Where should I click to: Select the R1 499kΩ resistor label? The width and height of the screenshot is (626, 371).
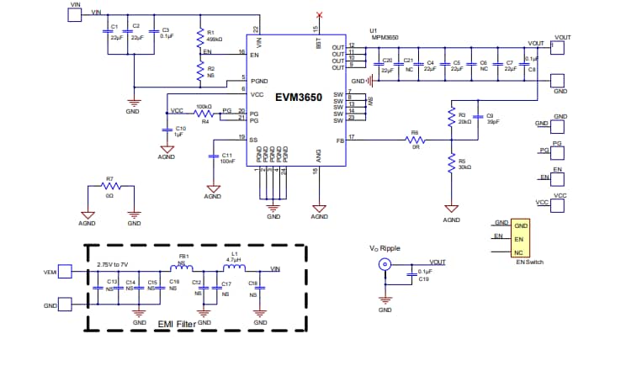[x=215, y=35]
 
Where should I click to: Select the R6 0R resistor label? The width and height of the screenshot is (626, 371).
[x=414, y=138]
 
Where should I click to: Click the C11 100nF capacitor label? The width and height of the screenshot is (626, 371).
[x=227, y=157]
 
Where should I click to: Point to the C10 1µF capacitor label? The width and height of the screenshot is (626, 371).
[x=180, y=130]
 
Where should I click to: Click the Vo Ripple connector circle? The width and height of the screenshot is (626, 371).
[x=385, y=264]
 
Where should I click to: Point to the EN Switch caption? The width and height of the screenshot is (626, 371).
[x=530, y=262]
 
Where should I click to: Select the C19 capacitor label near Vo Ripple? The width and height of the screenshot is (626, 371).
[x=424, y=278]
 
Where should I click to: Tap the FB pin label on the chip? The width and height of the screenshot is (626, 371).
[x=339, y=140]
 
